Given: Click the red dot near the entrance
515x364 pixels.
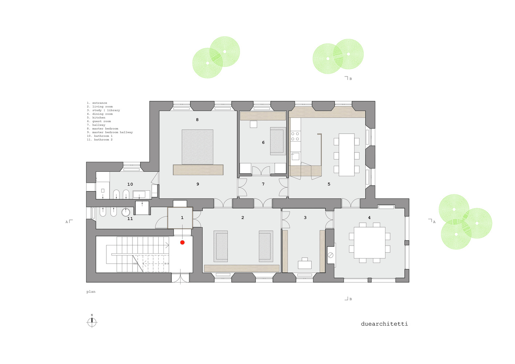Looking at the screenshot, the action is click(x=182, y=242).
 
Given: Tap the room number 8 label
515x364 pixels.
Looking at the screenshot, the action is click(x=197, y=120).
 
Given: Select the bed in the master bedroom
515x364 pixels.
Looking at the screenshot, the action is click(x=197, y=147).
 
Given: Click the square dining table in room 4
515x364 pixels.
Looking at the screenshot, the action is click(x=369, y=242).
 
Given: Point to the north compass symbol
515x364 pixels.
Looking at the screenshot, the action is click(x=92, y=322).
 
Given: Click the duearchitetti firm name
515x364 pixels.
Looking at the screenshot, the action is click(x=384, y=324).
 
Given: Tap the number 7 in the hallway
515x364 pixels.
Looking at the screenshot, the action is click(x=263, y=184).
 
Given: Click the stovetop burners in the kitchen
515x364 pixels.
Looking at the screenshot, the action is click(x=295, y=136).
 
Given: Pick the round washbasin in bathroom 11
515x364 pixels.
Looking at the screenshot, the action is click(x=126, y=212).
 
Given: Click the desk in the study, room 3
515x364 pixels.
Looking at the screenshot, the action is click(x=305, y=264).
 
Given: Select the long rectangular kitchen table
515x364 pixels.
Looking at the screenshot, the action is click(x=346, y=155).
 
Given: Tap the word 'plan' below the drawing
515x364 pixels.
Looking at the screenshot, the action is click(x=91, y=292).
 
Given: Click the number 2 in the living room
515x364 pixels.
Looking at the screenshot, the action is click(x=243, y=218).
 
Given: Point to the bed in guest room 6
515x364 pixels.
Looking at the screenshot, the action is click(x=277, y=142).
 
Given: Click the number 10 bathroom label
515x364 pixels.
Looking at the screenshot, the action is click(x=130, y=184).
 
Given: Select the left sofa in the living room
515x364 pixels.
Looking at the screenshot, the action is click(x=221, y=246).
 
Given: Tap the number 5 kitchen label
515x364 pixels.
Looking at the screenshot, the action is click(x=329, y=184).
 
